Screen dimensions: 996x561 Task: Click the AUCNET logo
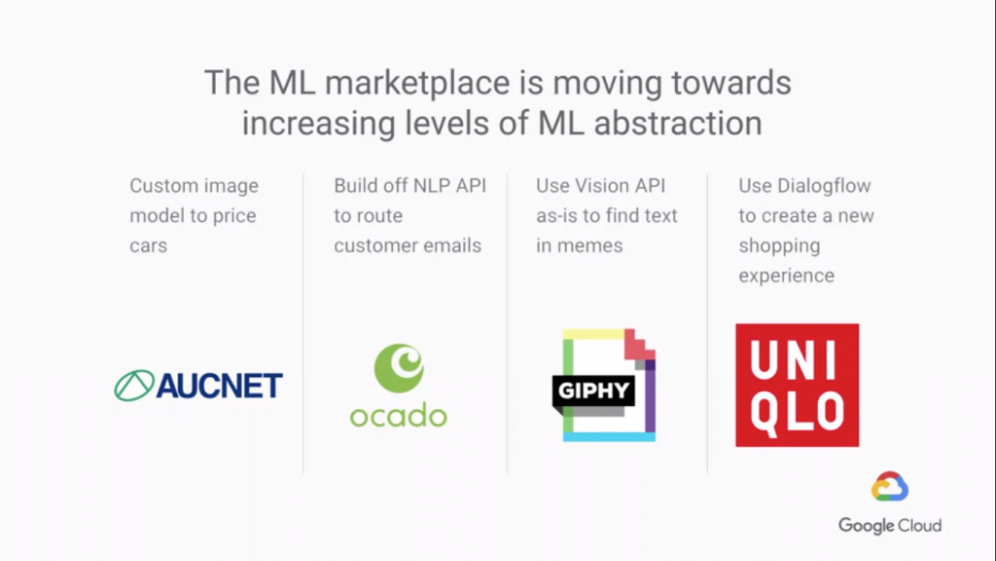tap(198, 386)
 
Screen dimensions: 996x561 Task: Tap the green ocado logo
tap(398, 386)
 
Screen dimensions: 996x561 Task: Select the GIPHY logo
tap(604, 385)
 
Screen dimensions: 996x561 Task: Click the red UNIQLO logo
tap(798, 385)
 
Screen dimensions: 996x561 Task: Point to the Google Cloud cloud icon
tap(889, 487)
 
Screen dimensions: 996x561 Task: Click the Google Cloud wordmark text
tap(890, 526)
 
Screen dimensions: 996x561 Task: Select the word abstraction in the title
tap(678, 123)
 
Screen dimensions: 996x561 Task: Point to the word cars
tap(149, 246)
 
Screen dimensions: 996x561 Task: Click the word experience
tap(786, 276)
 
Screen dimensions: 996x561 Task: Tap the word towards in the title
tap(731, 84)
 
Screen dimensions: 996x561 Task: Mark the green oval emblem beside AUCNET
tap(134, 386)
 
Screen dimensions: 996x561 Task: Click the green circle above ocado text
tap(399, 368)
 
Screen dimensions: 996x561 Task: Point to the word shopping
tap(779, 246)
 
